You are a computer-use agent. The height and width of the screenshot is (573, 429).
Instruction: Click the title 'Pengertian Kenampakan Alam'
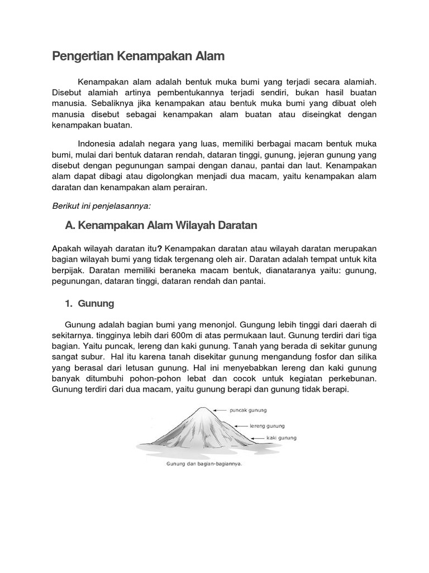(x=138, y=56)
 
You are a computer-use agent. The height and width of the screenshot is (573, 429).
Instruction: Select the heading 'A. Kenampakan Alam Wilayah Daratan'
(x=161, y=226)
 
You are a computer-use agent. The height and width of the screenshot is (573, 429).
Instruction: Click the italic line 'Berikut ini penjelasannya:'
(x=101, y=206)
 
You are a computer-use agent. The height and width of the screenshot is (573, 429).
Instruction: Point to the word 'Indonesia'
(x=97, y=142)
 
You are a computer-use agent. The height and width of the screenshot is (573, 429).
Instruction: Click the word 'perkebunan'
(x=354, y=378)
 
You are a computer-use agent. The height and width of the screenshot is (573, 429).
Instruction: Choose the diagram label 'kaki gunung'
(x=282, y=438)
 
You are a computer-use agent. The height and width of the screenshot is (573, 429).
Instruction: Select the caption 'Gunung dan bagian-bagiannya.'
(x=203, y=464)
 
